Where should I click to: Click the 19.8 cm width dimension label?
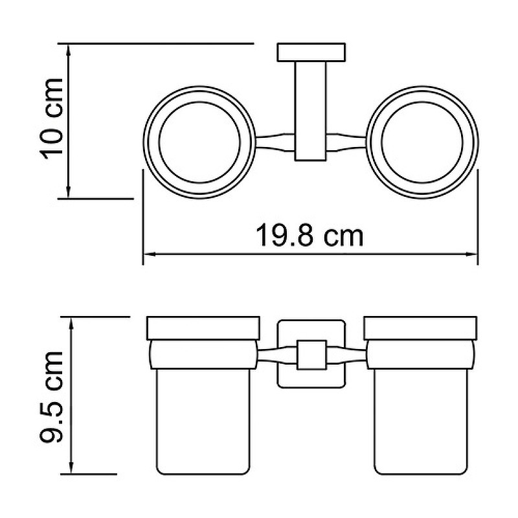click(310, 235)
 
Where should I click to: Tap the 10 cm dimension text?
click(52, 120)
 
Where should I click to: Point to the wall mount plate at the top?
click(311, 52)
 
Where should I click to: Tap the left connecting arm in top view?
click(275, 142)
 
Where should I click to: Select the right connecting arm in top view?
click(346, 142)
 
